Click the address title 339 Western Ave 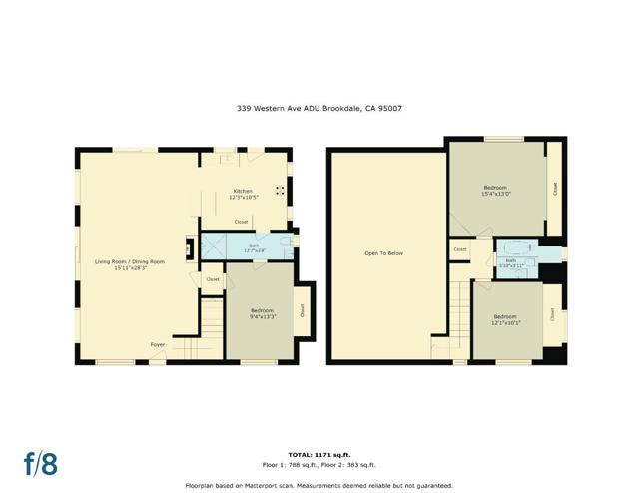[x=319, y=108]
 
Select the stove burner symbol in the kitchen [x=281, y=190]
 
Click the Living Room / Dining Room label [x=130, y=261]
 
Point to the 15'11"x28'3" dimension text [x=130, y=268]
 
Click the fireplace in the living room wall [x=189, y=248]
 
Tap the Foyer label [x=158, y=345]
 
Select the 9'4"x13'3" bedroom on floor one [x=261, y=314]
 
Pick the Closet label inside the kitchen [x=242, y=222]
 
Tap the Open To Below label [x=383, y=253]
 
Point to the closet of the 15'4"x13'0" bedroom [x=554, y=187]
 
